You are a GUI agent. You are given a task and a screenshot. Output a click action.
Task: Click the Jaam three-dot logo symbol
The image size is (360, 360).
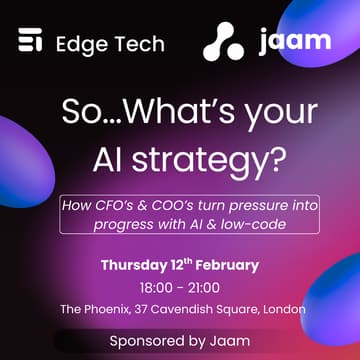click(x=222, y=42)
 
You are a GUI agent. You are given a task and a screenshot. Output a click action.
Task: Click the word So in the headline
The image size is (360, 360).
click(x=79, y=109)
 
